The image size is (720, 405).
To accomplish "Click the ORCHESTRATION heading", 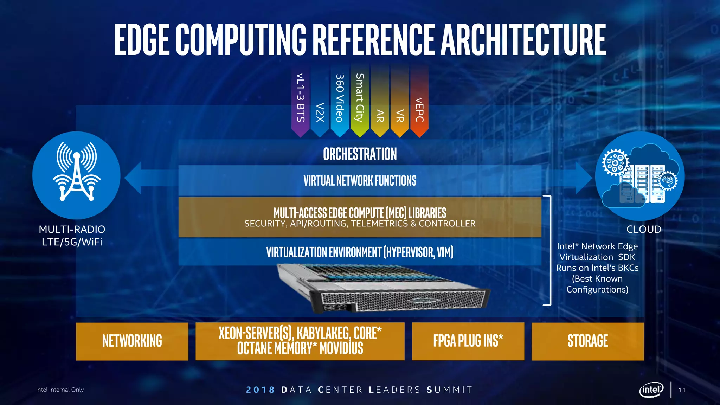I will [x=360, y=154].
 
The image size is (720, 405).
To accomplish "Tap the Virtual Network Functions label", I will [x=360, y=181].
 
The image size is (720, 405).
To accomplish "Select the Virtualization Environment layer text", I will [x=360, y=252].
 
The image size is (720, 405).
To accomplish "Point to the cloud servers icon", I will [x=639, y=176].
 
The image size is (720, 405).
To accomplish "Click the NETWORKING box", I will [x=132, y=341].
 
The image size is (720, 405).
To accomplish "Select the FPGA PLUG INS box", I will [x=468, y=341].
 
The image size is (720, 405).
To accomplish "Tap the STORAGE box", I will [x=587, y=341].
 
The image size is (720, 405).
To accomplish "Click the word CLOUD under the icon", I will [x=644, y=229].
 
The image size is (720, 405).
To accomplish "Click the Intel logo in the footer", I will [x=651, y=390].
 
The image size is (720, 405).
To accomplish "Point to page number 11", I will [x=682, y=390].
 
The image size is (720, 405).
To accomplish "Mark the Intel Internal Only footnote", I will [x=60, y=390].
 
